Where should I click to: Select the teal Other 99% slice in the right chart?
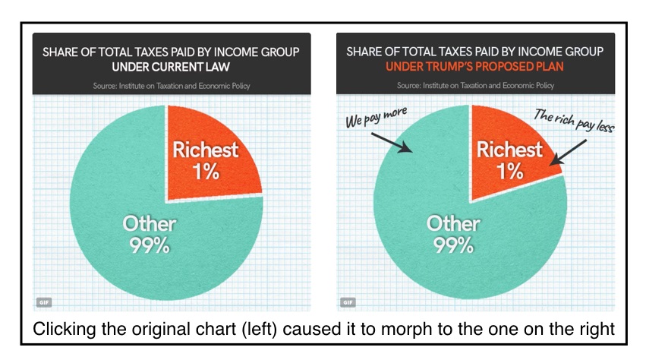410,197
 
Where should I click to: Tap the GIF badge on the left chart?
43,302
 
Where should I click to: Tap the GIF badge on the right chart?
347,302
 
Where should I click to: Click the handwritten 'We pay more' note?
378,118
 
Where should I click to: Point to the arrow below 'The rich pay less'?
565,149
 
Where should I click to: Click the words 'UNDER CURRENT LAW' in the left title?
172,68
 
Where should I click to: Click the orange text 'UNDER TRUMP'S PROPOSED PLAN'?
475,68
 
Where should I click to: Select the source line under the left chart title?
172,86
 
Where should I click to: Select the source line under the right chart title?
475,86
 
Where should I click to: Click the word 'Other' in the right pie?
452,223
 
